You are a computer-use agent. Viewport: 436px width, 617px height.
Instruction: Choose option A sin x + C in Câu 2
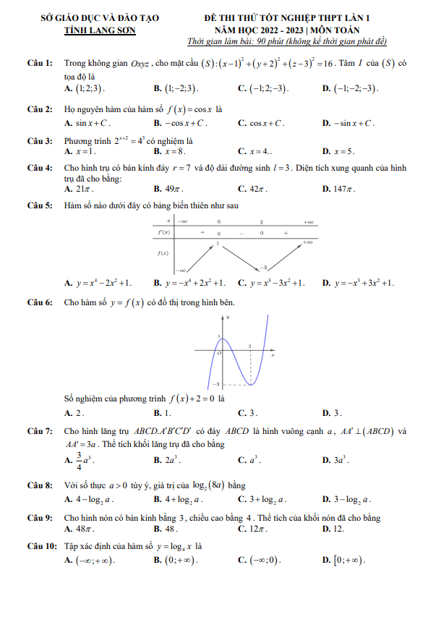pos(87,123)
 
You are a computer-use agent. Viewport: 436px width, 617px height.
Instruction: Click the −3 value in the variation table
pos(264,268)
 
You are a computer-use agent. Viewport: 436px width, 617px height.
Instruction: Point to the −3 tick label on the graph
pos(215,384)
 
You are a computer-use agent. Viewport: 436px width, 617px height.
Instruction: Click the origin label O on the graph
pos(219,352)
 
